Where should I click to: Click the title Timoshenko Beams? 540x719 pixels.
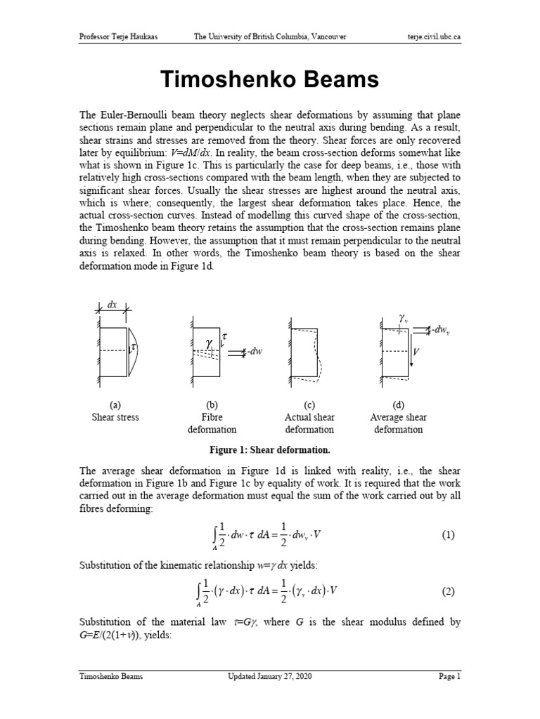point(270,80)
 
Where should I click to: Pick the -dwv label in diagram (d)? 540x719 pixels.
point(439,329)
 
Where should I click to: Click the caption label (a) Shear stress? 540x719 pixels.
point(115,411)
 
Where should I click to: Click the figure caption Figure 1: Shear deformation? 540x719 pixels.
point(270,449)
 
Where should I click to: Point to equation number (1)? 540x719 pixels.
point(449,535)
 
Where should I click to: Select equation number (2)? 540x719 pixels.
point(449,591)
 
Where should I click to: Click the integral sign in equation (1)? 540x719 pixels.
point(199,535)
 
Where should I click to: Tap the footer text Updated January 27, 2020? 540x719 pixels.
point(270,677)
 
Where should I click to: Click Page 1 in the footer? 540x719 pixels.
point(448,677)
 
